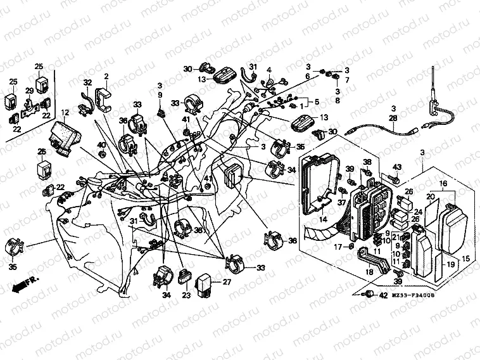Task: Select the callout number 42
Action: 384,295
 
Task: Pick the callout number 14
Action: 322,219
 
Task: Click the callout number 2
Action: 106,76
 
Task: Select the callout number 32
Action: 87,83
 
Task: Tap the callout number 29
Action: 28,91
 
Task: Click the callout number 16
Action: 443,183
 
